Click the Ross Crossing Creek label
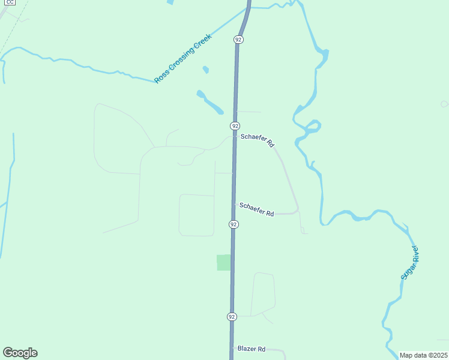[183, 58]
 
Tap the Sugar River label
[409, 262]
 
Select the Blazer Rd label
[252, 349]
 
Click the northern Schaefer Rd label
[257, 140]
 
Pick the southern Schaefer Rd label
[256, 209]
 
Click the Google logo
[20, 353]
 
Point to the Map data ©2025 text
[424, 355]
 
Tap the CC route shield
[9, 2]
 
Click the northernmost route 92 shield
[238, 40]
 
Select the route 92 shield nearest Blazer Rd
[232, 316]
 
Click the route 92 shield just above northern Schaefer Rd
[235, 126]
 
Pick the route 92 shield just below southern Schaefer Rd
[234, 224]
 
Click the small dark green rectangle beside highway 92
[223, 262]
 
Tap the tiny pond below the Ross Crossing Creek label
[206, 70]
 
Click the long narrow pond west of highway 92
[210, 103]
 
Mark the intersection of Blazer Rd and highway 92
[232, 348]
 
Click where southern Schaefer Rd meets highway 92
[234, 204]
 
